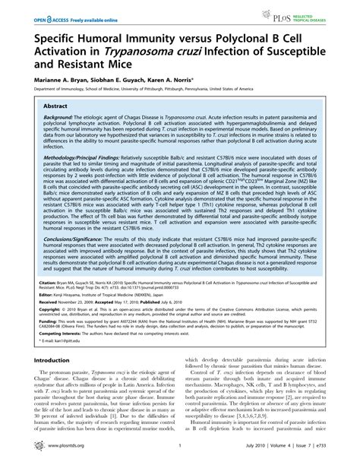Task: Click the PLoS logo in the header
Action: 304,14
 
